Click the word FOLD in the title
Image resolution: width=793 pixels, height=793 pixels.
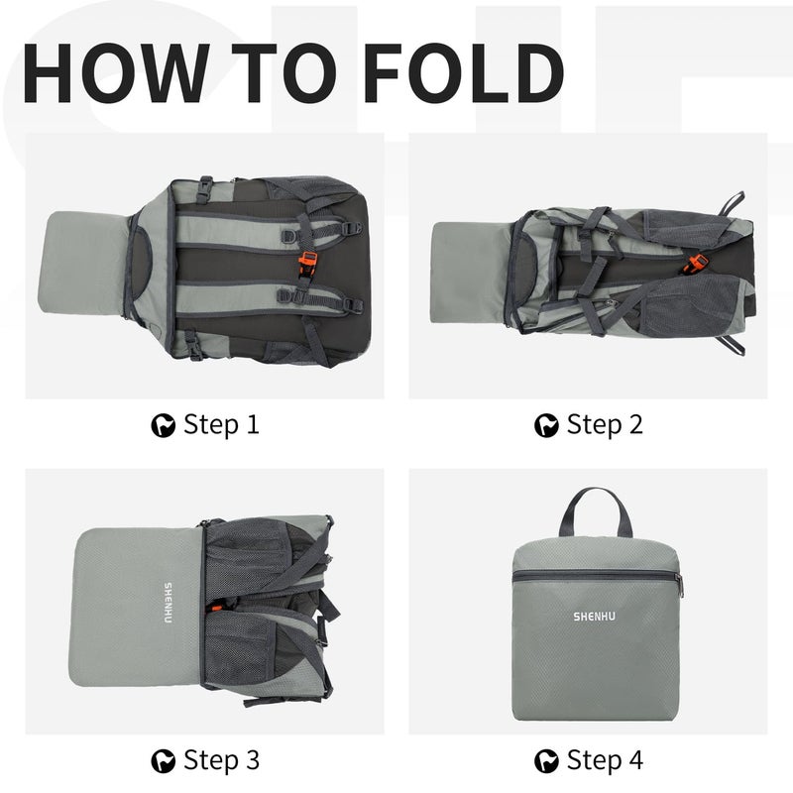[463, 72]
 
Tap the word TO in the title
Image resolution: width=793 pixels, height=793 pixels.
[283, 72]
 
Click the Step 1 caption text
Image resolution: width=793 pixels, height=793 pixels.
[221, 424]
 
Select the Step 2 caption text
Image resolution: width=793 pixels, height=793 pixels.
[605, 424]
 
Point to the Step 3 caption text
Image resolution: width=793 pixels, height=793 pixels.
[221, 760]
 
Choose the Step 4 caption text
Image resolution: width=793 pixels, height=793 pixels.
[605, 760]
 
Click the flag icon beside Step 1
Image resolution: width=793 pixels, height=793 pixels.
[164, 425]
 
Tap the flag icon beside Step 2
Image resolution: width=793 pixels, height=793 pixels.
[547, 425]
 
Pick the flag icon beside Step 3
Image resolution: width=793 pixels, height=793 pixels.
[164, 761]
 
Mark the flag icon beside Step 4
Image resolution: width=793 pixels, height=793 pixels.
[547, 761]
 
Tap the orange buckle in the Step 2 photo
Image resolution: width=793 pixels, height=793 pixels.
[696, 264]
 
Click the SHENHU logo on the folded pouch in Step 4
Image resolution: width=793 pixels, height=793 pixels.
[594, 616]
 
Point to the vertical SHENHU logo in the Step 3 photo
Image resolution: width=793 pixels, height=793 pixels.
[168, 603]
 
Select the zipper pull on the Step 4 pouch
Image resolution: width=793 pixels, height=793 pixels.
[679, 585]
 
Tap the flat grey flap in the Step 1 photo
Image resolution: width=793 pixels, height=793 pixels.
[83, 263]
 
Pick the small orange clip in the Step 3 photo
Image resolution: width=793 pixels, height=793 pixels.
[217, 607]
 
